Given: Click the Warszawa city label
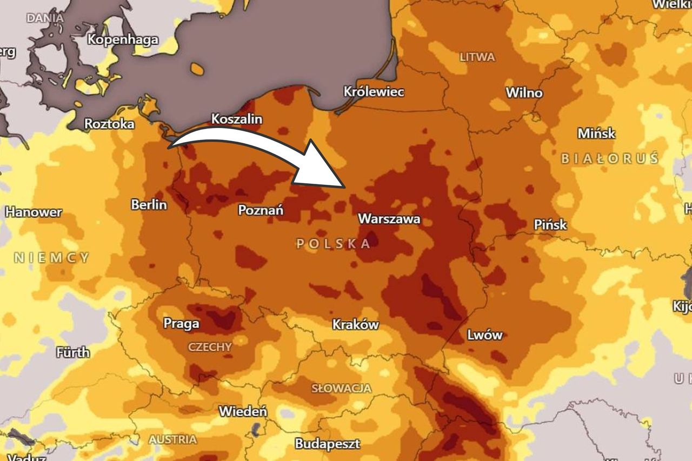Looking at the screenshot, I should (x=389, y=219).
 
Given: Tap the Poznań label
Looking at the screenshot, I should (x=261, y=210).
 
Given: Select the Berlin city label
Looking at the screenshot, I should (x=149, y=205).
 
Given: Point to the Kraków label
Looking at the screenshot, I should (x=355, y=325).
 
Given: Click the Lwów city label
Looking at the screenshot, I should (x=484, y=335).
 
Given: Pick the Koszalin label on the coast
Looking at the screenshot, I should (x=236, y=119).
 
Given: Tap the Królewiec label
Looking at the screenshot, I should (x=374, y=92).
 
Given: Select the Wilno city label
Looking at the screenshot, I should (x=523, y=93).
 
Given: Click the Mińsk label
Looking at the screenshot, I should (x=596, y=133).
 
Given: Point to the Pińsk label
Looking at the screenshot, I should (x=550, y=224).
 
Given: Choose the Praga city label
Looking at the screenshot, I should (x=181, y=324).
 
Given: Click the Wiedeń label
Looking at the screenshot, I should (x=243, y=411).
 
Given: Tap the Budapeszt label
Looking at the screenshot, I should (x=327, y=444).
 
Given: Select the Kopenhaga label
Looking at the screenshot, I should (x=123, y=39).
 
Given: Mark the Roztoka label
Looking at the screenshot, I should (x=109, y=124).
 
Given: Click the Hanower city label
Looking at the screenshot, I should (x=34, y=212).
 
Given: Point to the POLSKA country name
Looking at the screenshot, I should (x=334, y=244).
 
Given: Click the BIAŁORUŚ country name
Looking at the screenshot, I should (x=609, y=159).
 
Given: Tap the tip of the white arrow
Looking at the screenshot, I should (x=344, y=187).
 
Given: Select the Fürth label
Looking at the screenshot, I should (x=72, y=352).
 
